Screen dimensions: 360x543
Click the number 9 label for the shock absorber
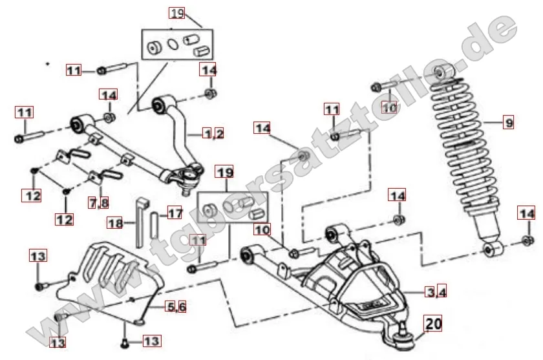coord(507,121)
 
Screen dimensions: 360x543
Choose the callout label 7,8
coord(98,203)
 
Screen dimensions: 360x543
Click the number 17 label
coord(176,213)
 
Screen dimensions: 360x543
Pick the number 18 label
coord(115,223)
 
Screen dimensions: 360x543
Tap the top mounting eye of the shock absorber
coord(440,72)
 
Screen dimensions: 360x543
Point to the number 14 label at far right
coord(527,213)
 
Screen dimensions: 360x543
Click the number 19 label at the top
coord(176,12)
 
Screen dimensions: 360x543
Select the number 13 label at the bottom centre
coord(150,340)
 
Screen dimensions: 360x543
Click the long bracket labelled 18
coord(141,220)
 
